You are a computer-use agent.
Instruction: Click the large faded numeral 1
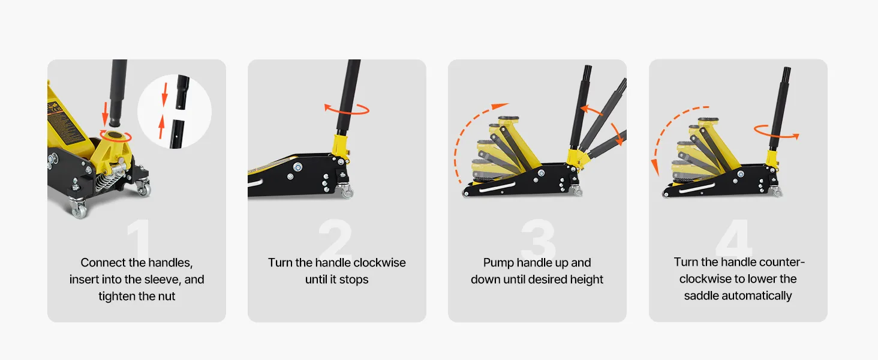139,238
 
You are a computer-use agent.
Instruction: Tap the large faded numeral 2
335,238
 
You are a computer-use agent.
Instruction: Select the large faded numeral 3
539,238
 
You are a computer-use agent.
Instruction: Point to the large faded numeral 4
733,238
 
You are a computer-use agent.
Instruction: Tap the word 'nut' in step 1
167,296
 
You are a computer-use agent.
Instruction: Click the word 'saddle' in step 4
701,296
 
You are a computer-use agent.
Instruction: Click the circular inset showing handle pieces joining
175,112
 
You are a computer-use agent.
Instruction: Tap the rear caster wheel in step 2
347,192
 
